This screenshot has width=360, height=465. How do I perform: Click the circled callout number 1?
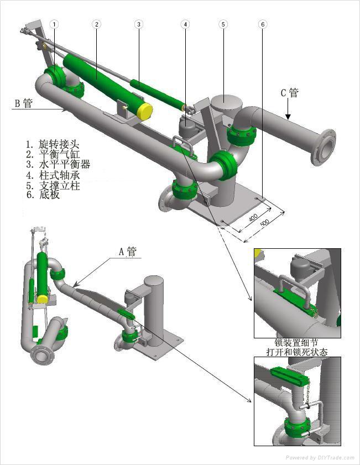(x=54, y=24)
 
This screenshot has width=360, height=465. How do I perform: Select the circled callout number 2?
(x=96, y=24)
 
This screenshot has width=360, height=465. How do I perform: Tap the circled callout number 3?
(x=139, y=24)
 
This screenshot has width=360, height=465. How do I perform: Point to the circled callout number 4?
(x=185, y=24)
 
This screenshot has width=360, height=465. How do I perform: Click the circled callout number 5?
(x=223, y=24)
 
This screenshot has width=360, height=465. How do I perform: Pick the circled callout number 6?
(x=263, y=24)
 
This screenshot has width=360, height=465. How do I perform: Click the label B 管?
(x=24, y=103)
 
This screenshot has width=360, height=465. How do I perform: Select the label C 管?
(x=290, y=92)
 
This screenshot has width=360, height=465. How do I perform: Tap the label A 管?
(x=128, y=251)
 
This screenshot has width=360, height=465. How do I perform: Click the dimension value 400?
(x=253, y=218)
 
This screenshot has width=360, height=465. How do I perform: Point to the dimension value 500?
(x=264, y=223)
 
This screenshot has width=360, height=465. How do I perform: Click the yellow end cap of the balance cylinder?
(x=145, y=111)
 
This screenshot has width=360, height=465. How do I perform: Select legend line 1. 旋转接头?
(x=53, y=144)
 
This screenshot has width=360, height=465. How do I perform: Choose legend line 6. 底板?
(x=43, y=195)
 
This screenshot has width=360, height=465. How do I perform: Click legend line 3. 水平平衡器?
(x=58, y=164)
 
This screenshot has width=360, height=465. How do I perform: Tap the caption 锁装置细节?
(x=296, y=342)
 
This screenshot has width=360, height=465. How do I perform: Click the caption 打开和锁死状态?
(x=297, y=352)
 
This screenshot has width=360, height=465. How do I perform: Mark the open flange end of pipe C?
(x=324, y=147)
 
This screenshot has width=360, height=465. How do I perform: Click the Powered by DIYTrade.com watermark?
(x=320, y=458)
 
